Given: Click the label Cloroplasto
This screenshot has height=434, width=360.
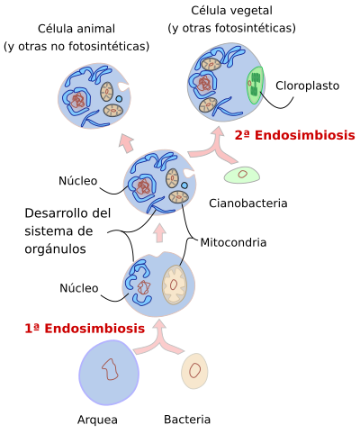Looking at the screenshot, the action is click(307, 86).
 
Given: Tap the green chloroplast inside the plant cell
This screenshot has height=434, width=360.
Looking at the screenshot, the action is click(255, 86).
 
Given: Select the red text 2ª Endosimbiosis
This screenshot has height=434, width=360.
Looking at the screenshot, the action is click(294, 135).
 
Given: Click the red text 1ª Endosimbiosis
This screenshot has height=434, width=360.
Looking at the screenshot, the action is click(85, 329).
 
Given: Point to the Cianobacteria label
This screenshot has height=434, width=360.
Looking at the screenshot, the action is click(248, 203).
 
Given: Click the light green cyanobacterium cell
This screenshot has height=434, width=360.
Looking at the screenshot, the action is click(242, 175).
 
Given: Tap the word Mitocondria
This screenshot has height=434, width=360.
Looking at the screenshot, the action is click(233, 242).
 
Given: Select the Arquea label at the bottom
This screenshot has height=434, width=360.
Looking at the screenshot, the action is click(97, 420).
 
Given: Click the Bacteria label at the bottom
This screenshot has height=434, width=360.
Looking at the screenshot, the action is click(187, 420).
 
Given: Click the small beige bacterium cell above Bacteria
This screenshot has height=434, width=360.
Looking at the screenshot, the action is click(194, 371).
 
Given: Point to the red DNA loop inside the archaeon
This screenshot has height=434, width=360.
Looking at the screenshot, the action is click(110, 369).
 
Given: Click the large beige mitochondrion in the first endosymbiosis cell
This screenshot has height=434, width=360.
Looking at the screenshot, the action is click(175, 285).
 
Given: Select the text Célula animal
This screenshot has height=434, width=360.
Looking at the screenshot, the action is click(76, 29).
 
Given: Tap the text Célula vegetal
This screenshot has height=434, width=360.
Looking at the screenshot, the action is click(231, 11).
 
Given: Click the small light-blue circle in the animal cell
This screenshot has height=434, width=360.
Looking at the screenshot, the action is click(119, 99).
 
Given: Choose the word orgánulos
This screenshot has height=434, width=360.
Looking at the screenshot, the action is click(55, 249).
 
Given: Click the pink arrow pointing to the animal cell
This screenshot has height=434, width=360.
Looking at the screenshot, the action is click(126, 143).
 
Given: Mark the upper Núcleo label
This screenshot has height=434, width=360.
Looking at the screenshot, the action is click(78, 181).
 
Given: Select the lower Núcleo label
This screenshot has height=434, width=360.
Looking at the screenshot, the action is click(79, 288).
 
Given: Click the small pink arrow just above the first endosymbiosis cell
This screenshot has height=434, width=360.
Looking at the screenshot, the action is click(160, 233).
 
